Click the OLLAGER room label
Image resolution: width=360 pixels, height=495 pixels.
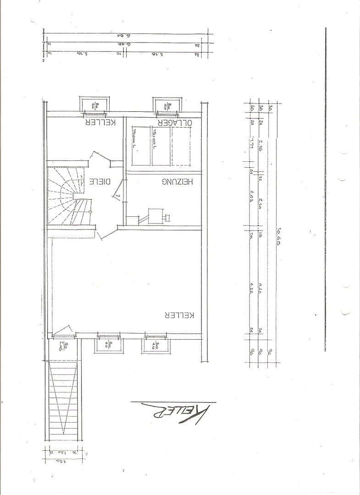pyautogui.click(x=174, y=123)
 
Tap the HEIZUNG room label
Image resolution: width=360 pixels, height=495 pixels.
pyautogui.click(x=178, y=181)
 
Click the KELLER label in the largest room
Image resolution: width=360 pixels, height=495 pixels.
pyautogui.click(x=179, y=315)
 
